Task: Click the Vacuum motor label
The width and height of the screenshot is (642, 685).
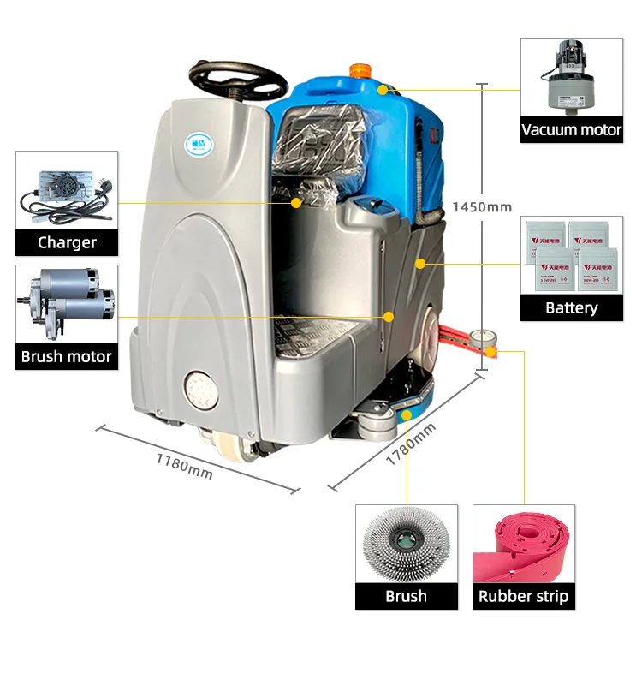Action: [x=572, y=130]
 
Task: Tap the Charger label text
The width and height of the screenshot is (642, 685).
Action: [x=67, y=242]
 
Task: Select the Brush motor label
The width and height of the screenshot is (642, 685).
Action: [x=67, y=356]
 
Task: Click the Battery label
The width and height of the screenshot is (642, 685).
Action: [x=572, y=307]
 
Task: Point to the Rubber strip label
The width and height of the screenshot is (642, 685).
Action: [x=523, y=596]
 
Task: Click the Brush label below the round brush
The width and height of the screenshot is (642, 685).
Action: [x=406, y=596]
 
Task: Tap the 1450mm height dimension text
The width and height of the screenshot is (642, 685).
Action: [x=482, y=206]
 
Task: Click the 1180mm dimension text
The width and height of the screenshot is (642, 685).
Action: [x=184, y=465]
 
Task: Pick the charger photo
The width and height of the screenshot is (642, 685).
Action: [x=67, y=192]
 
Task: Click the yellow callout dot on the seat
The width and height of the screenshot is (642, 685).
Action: [x=296, y=203]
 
